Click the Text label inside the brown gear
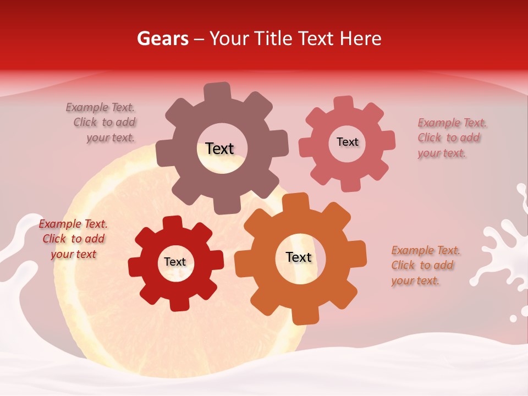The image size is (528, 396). tap(219, 148)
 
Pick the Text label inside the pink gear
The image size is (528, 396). tap(347, 142)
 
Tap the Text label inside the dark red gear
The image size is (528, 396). tap(175, 262)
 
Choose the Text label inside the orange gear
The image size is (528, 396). tap(299, 257)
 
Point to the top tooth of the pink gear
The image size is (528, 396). tap(344, 103)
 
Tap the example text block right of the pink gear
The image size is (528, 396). tap(452, 137)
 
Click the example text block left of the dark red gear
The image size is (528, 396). tap(73, 239)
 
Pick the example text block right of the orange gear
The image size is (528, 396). tap(425, 265)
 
